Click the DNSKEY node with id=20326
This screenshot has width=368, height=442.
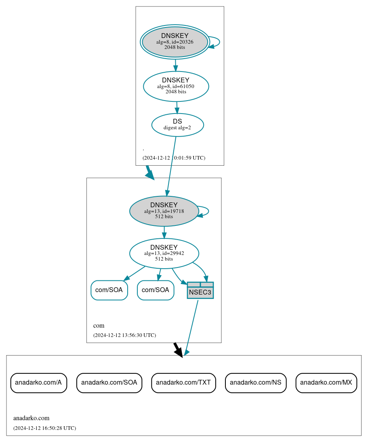(175, 42)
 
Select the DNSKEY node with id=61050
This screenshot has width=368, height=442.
(176, 86)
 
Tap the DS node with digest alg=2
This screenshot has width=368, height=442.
(177, 125)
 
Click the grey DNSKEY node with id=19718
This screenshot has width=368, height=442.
(164, 211)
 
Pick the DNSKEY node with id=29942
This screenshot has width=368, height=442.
(164, 253)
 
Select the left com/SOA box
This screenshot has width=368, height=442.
(109, 290)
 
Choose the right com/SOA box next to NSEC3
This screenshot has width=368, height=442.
(156, 290)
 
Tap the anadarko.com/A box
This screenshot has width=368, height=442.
(38, 383)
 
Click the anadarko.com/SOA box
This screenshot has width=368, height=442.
(109, 383)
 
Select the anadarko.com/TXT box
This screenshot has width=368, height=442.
(183, 383)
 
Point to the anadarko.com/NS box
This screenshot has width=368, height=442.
(256, 383)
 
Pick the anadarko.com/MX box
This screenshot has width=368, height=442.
(326, 383)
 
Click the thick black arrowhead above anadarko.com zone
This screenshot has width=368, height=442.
(178, 351)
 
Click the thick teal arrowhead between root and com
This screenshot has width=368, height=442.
(150, 174)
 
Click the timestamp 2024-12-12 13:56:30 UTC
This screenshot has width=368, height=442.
(124, 335)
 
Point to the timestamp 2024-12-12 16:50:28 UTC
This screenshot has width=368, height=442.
(44, 428)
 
